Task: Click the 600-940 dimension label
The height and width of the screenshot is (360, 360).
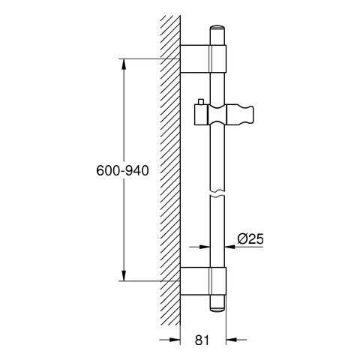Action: (x=122, y=171)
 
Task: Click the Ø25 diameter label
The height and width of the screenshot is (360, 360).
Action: (x=250, y=238)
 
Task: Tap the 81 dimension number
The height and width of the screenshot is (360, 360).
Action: (x=202, y=340)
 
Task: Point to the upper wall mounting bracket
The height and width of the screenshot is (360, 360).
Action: (x=203, y=59)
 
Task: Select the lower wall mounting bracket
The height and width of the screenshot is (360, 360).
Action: (x=203, y=281)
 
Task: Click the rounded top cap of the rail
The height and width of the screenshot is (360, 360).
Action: (x=217, y=28)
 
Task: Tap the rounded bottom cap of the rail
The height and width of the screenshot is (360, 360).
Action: (x=217, y=309)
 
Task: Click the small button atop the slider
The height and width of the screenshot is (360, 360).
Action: (x=201, y=102)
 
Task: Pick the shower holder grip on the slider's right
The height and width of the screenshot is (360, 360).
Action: (x=240, y=115)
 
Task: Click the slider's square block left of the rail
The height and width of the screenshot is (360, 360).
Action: (x=201, y=115)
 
